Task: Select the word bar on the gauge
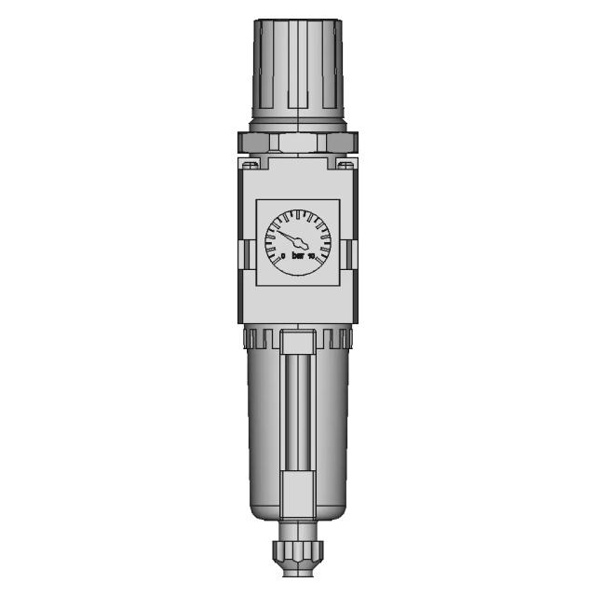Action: coord(298,255)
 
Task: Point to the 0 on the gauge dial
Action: coord(282,255)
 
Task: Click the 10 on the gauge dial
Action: coord(312,255)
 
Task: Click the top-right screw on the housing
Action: coord(345,166)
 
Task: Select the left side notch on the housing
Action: coord(244,251)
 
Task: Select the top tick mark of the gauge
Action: coord(298,215)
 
